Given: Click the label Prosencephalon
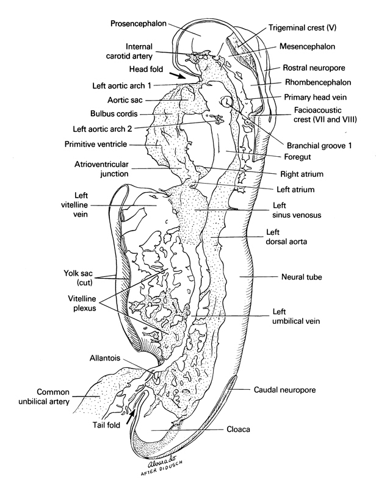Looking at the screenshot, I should tap(139, 24).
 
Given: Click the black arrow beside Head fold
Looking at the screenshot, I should tap(178, 76).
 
